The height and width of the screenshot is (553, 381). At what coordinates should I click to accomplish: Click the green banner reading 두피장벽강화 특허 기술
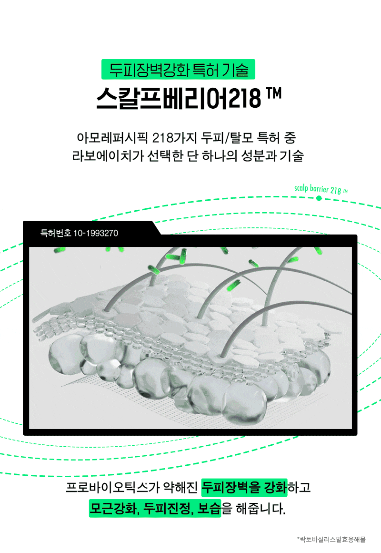coord(178,69)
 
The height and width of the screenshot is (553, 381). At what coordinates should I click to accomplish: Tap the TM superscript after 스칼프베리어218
coord(273,93)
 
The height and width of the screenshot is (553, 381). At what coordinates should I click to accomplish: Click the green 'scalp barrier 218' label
coord(321,189)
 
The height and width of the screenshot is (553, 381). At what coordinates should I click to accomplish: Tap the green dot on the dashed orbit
coord(319,198)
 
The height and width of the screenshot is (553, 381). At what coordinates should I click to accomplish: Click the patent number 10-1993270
coord(96,233)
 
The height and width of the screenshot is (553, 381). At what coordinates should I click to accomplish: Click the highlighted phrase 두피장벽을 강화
coord(244,487)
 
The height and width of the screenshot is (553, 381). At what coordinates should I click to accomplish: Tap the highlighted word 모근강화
coord(113,508)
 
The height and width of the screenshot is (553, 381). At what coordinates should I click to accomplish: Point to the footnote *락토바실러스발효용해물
coord(331,539)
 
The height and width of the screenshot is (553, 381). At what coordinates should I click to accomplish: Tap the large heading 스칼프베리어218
coord(179,98)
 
